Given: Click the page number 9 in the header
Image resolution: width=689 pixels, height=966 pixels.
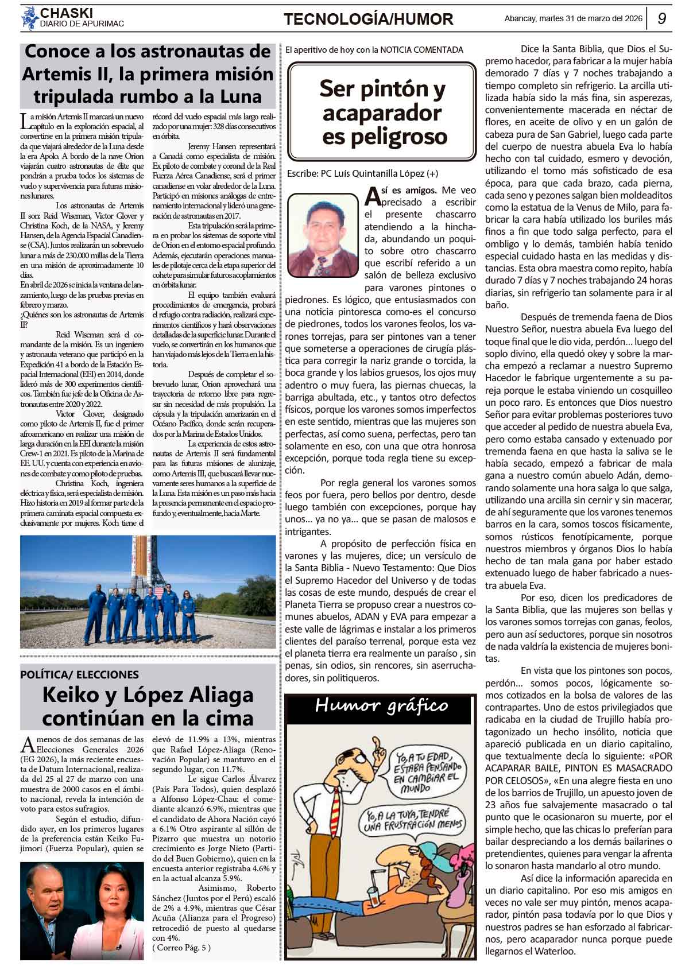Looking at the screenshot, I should (x=661, y=19).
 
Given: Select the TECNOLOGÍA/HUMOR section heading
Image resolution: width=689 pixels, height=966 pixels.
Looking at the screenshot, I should (x=368, y=20).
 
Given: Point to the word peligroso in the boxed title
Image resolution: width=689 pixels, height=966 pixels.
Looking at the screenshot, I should (x=384, y=137).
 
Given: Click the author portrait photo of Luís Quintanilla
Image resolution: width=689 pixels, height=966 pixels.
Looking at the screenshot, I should (x=323, y=227).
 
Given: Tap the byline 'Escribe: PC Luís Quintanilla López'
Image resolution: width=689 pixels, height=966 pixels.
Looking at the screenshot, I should (x=362, y=173).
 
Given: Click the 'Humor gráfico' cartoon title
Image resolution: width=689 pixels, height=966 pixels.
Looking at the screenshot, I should (x=381, y=706).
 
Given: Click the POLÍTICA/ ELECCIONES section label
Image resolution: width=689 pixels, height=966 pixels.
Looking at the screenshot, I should (x=80, y=674).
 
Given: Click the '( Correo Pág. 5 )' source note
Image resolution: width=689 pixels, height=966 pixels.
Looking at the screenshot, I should (x=181, y=947).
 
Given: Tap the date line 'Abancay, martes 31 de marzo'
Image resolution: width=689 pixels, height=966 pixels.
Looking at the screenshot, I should (x=572, y=18).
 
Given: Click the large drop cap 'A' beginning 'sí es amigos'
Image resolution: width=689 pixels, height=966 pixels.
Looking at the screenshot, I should (x=372, y=196).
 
